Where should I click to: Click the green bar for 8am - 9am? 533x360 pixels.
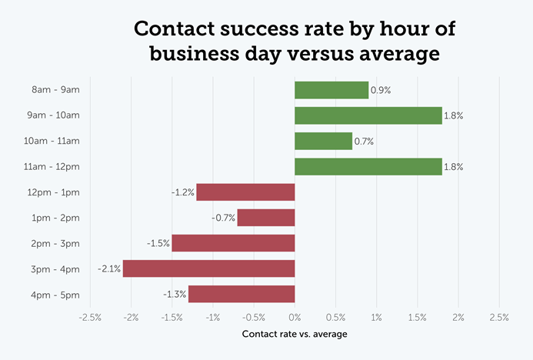pyautogui.click(x=331, y=90)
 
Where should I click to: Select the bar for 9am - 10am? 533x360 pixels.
pyautogui.click(x=368, y=115)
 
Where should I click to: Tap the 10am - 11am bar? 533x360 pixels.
pyautogui.click(x=323, y=141)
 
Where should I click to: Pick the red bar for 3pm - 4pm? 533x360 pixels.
pyautogui.click(x=208, y=268)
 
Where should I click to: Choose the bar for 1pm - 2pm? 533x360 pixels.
pyautogui.click(x=265, y=218)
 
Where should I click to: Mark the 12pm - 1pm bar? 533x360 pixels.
pyautogui.click(x=245, y=192)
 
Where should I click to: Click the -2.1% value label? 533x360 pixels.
pyautogui.click(x=108, y=268)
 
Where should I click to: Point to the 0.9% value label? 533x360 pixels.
pyautogui.click(x=381, y=90)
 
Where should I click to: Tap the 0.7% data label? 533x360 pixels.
pyautogui.click(x=364, y=141)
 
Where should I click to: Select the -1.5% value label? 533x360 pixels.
pyautogui.click(x=158, y=243)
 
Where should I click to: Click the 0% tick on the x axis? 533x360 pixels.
pyautogui.click(x=295, y=317)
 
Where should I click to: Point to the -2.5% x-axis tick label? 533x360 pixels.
pyautogui.click(x=90, y=317)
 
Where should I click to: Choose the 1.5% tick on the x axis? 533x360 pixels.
pyautogui.click(x=418, y=317)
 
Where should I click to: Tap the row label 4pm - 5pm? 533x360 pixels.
pyautogui.click(x=55, y=294)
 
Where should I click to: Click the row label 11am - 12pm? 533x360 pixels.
pyautogui.click(x=52, y=166)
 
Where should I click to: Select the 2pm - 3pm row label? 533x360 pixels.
pyautogui.click(x=55, y=243)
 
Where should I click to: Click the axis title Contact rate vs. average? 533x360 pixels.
pyautogui.click(x=294, y=334)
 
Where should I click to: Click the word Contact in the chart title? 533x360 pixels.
pyautogui.click(x=178, y=30)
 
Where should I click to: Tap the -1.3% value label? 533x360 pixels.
pyautogui.click(x=175, y=294)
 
